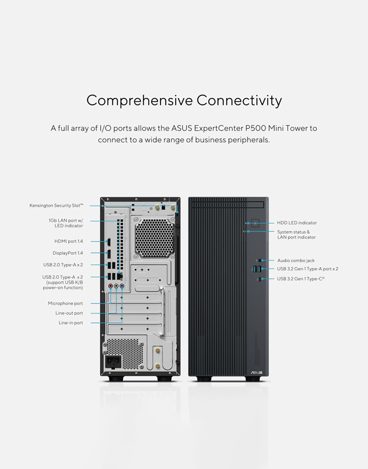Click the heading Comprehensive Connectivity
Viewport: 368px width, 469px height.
pyautogui.click(x=184, y=101)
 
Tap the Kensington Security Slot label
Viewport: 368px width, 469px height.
pyautogui.click(x=56, y=205)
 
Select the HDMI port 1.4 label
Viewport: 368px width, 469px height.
pyautogui.click(x=69, y=241)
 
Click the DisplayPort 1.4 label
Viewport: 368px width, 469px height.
pyautogui.click(x=67, y=253)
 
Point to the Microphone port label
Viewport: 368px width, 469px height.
pyautogui.click(x=65, y=304)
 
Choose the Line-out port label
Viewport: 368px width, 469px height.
pyautogui.click(x=69, y=313)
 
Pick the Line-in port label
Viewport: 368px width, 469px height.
pyautogui.click(x=71, y=323)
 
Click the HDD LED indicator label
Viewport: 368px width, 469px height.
pyautogui.click(x=297, y=223)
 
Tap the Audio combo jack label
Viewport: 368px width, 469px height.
pyautogui.click(x=296, y=260)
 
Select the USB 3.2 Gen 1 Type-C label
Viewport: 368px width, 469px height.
pyautogui.click(x=301, y=279)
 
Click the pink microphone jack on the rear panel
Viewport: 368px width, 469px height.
pyautogui.click(x=111, y=286)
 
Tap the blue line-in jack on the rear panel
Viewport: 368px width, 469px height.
pyautogui.click(x=122, y=286)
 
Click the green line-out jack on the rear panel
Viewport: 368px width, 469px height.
pyautogui.click(x=116, y=286)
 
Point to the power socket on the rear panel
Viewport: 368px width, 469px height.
pyautogui.click(x=113, y=362)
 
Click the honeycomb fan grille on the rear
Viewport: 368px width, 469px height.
pyautogui.click(x=154, y=238)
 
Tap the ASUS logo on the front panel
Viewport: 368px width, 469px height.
pyautogui.click(x=256, y=373)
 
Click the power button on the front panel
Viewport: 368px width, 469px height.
pyautogui.click(x=255, y=223)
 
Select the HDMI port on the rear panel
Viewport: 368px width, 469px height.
pyautogui.click(x=109, y=242)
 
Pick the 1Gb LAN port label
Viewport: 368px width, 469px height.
pyautogui.click(x=66, y=223)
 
